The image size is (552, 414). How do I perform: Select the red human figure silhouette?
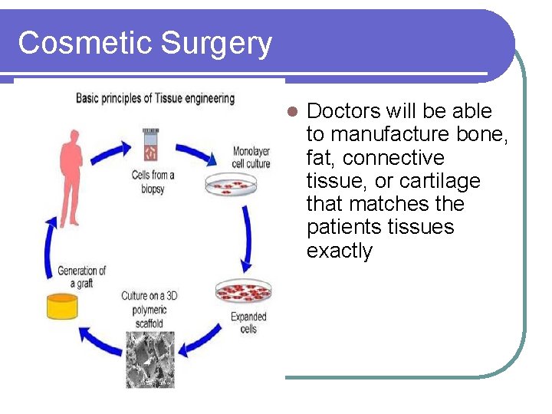(x=70, y=177)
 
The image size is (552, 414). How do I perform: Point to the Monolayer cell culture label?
(x=251, y=156)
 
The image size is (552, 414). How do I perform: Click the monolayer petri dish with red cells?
(x=233, y=184)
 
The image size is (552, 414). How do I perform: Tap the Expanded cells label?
(x=249, y=322)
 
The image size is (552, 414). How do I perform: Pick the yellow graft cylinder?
(x=62, y=306)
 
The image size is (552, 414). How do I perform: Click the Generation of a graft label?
(x=81, y=277)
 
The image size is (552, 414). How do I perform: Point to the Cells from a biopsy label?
(x=153, y=182)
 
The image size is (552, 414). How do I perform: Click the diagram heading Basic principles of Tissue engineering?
(x=155, y=98)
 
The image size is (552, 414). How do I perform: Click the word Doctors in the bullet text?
(x=343, y=111)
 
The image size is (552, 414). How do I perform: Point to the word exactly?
(x=339, y=251)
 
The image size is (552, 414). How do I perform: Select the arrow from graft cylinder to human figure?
(x=48, y=245)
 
